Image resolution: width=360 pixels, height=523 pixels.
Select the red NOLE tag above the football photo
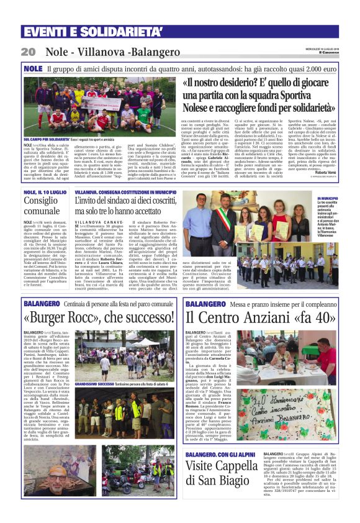pos(32,68)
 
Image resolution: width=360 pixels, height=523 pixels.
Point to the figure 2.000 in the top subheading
pos(326,68)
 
